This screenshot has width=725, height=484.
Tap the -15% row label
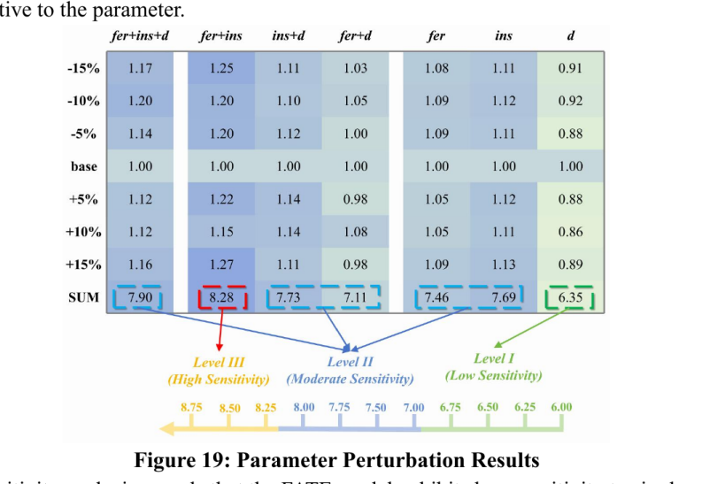click(x=83, y=68)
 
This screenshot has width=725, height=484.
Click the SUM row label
click(x=83, y=298)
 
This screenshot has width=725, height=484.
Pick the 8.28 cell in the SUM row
click(x=221, y=298)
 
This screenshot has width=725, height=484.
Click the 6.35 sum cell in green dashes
click(x=570, y=298)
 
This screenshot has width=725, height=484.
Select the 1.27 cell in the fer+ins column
click(x=221, y=265)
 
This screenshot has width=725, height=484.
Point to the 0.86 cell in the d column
click(x=570, y=232)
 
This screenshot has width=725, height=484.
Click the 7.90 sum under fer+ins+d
click(x=139, y=298)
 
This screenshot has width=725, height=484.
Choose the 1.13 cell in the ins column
click(x=505, y=265)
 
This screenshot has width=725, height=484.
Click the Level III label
click(x=219, y=362)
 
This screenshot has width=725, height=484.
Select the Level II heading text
click(x=351, y=362)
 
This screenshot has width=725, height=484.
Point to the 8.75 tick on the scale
click(x=190, y=408)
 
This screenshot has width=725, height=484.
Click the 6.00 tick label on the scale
click(x=560, y=407)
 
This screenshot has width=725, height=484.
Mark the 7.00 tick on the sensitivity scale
click(x=413, y=408)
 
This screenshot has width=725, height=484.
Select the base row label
click(x=84, y=166)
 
